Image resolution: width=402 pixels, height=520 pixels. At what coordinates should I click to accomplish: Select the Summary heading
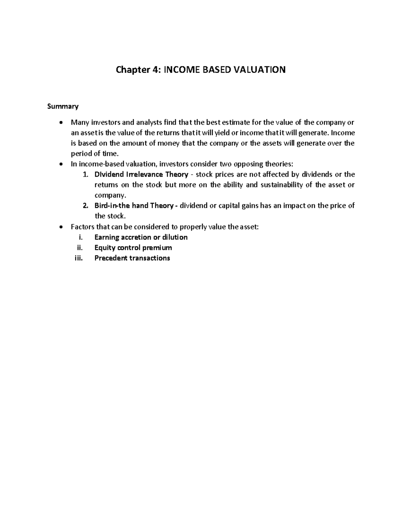click(63, 106)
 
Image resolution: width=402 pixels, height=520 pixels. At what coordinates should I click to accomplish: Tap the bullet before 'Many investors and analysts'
click(60, 123)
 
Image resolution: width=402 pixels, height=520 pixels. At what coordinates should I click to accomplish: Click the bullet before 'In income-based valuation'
click(60, 164)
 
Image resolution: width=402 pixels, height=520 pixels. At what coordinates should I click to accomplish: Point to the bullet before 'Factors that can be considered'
click(60, 227)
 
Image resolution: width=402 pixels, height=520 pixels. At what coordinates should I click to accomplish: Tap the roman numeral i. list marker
click(80, 237)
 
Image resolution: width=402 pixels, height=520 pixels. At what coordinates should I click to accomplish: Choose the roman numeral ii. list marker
click(79, 248)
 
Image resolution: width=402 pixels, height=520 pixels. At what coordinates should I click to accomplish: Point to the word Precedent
click(110, 258)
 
